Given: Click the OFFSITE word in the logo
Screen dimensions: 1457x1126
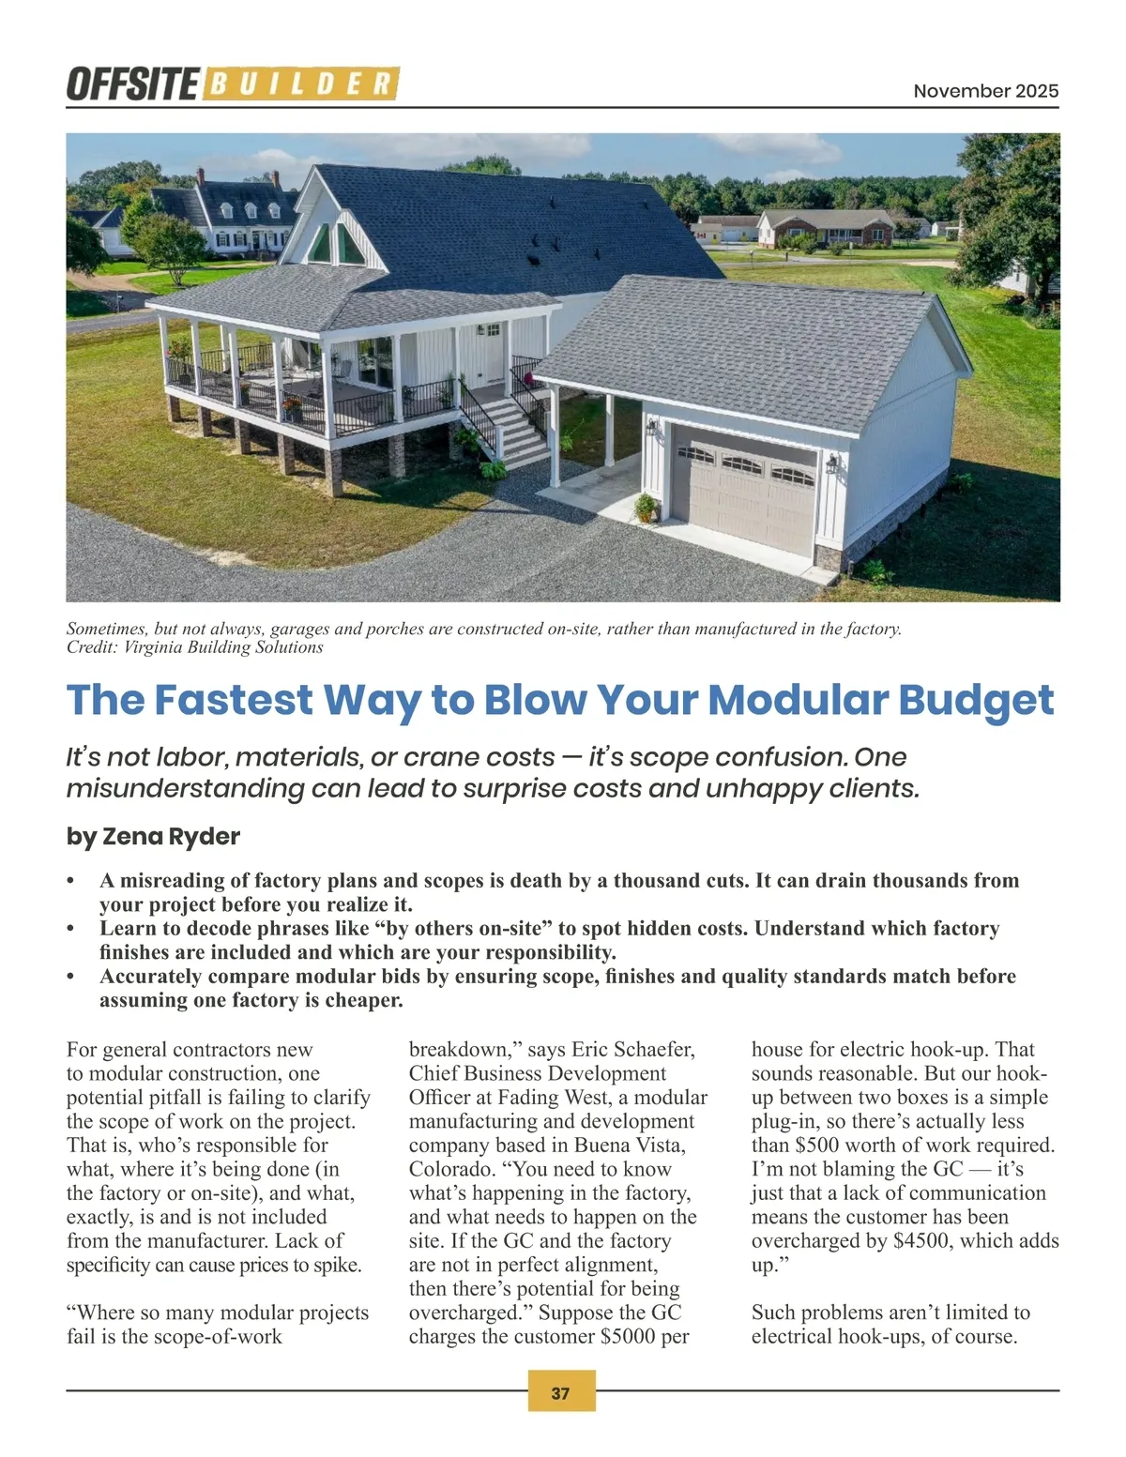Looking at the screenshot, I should (x=132, y=84).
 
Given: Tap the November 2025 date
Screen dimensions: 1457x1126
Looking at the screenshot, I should (x=985, y=91).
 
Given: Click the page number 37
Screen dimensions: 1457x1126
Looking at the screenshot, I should (x=560, y=1393).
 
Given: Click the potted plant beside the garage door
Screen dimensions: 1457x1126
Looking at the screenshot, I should (x=646, y=508).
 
